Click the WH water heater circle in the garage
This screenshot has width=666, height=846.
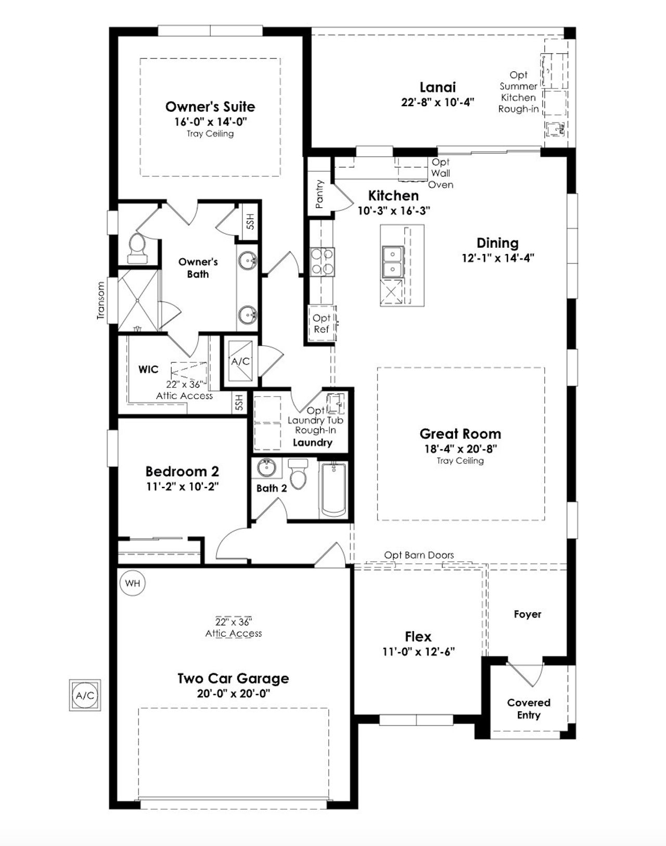point(133,583)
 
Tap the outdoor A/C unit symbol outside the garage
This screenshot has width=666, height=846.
point(85,695)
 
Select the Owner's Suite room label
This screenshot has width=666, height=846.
point(210,107)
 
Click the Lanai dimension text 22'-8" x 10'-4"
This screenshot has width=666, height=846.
point(438,102)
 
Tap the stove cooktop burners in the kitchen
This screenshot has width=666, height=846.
point(322,261)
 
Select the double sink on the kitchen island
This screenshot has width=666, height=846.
point(392,261)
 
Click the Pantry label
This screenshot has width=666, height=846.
point(319,194)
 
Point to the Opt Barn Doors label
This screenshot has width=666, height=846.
point(419,555)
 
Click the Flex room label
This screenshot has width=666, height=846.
point(418,637)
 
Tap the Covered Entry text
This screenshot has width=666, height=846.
point(529,709)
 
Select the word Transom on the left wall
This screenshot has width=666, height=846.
point(101,300)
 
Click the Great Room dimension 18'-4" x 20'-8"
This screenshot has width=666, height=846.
point(460,448)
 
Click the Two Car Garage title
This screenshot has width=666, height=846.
point(233,678)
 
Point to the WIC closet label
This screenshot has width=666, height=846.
point(148,369)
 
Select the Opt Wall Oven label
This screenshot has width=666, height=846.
point(441,173)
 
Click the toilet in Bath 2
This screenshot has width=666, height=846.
point(298,474)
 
